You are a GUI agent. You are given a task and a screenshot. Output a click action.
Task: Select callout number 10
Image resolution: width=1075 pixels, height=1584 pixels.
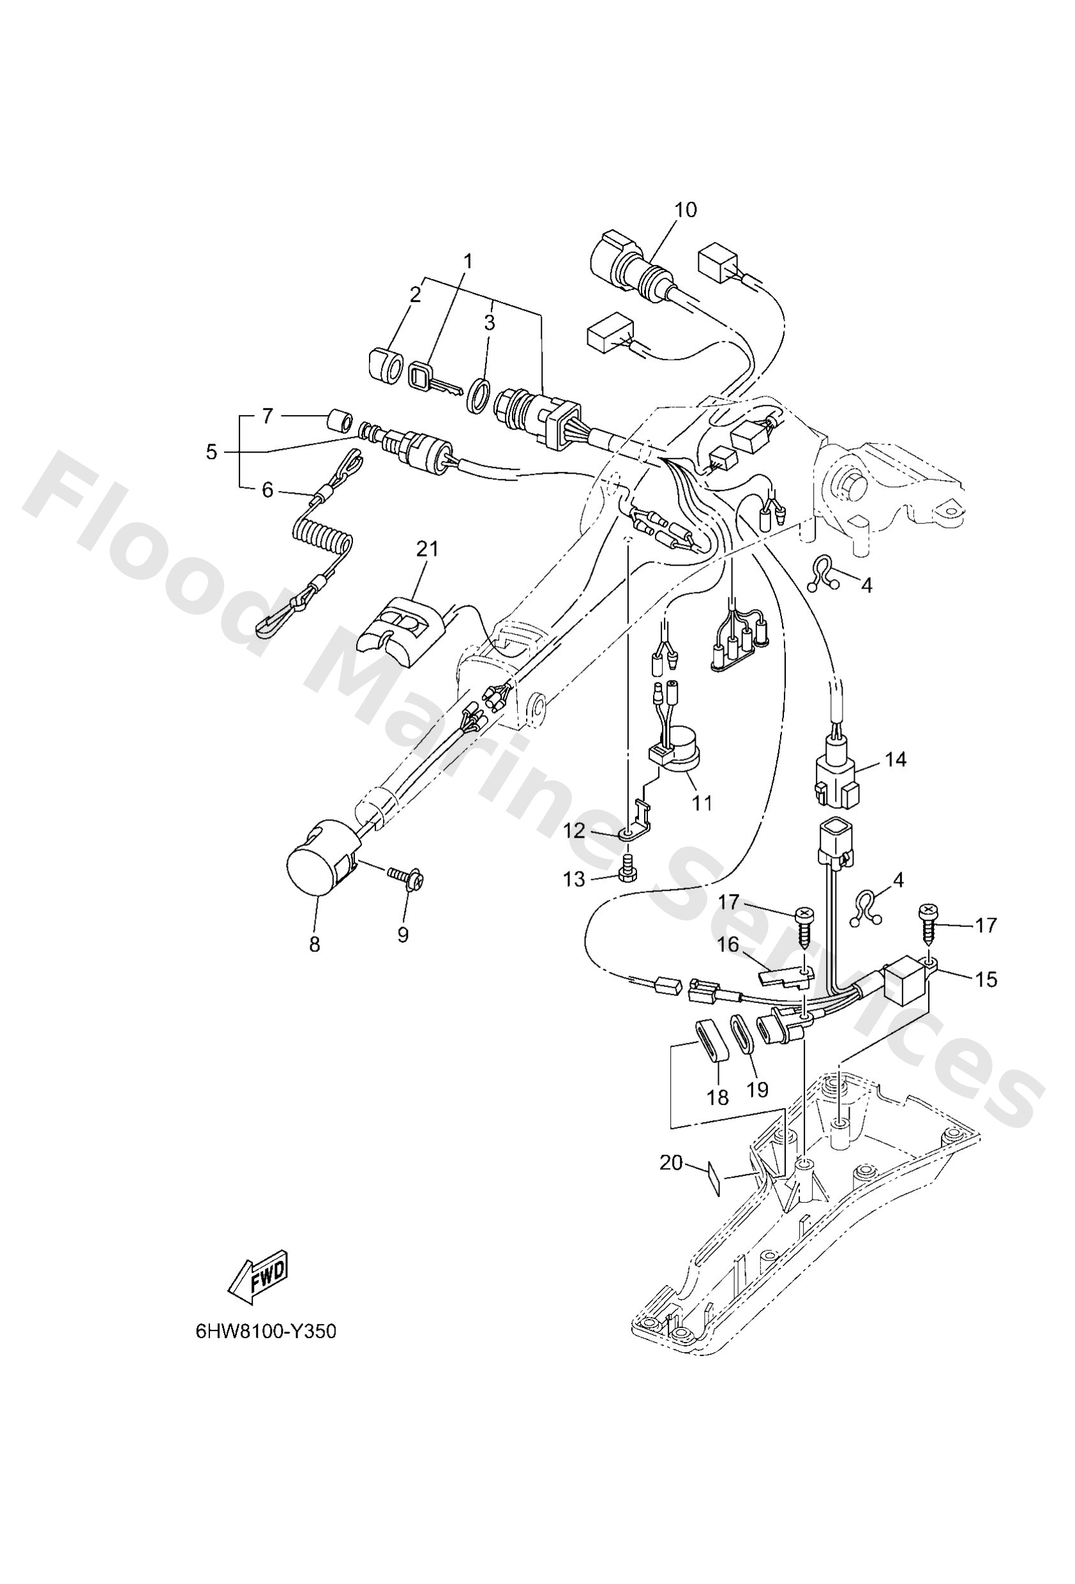pos(686,209)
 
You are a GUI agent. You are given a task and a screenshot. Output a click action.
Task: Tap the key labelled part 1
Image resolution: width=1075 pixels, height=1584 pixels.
pos(432,379)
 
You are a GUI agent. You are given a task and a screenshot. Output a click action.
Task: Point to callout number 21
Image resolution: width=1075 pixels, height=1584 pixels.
pos(428,548)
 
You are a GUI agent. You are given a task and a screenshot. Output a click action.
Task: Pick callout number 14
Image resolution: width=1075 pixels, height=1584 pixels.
pos(896,758)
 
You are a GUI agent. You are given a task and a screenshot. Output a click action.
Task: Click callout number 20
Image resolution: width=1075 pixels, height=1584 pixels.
pos(671,1162)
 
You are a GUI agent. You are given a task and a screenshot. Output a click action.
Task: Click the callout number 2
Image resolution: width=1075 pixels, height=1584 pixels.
pos(414,294)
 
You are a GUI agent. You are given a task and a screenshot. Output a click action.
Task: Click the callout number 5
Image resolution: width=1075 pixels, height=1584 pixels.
pos(211,451)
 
